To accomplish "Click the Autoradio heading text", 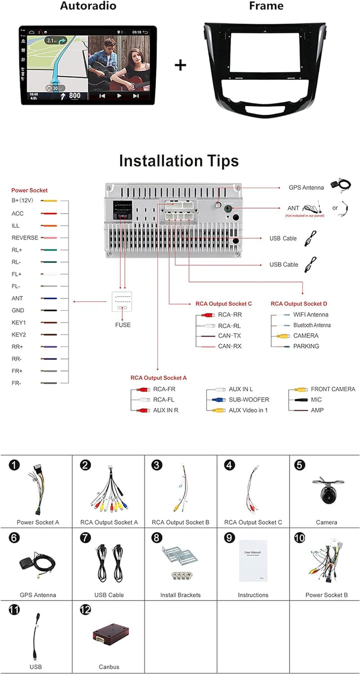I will pyautogui.click(x=88, y=6).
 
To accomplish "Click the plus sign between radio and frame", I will pyautogui.click(x=180, y=65).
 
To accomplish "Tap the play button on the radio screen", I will pyautogui.click(x=119, y=95).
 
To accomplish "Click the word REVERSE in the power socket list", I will pyautogui.click(x=25, y=238).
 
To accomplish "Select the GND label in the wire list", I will pyautogui.click(x=17, y=310).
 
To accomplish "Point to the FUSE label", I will pyautogui.click(x=122, y=325).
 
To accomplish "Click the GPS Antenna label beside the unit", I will pyautogui.click(x=306, y=187).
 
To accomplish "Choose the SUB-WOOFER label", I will pyautogui.click(x=249, y=399).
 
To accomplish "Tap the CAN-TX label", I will pyautogui.click(x=229, y=336).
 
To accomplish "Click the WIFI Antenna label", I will pyautogui.click(x=310, y=315).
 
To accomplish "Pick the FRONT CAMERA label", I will pyautogui.click(x=333, y=389).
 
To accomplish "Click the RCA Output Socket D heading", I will pyautogui.click(x=299, y=304).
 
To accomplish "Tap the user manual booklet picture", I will pyautogui.click(x=253, y=560).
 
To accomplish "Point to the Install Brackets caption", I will pyautogui.click(x=180, y=595).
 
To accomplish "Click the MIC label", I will pyautogui.click(x=316, y=399).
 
